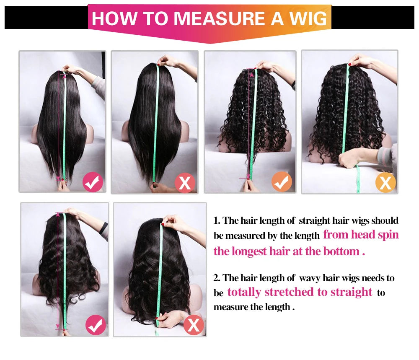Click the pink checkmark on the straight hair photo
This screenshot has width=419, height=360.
click(x=93, y=182)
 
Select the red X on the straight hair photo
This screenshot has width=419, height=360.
click(x=185, y=183)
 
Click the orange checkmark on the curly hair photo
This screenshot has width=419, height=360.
click(x=282, y=182)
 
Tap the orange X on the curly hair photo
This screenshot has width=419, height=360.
click(x=385, y=183)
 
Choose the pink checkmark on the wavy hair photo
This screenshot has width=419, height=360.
click(x=96, y=326)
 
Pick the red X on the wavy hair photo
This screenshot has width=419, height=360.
click(x=194, y=326)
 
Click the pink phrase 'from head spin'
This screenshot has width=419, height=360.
click(x=361, y=235)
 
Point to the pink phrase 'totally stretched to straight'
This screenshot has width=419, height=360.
click(x=300, y=292)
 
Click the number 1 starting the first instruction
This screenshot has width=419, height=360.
click(x=217, y=220)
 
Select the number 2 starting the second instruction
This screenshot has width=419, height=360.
click(x=217, y=278)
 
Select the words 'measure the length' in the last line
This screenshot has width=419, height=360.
click(x=251, y=307)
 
